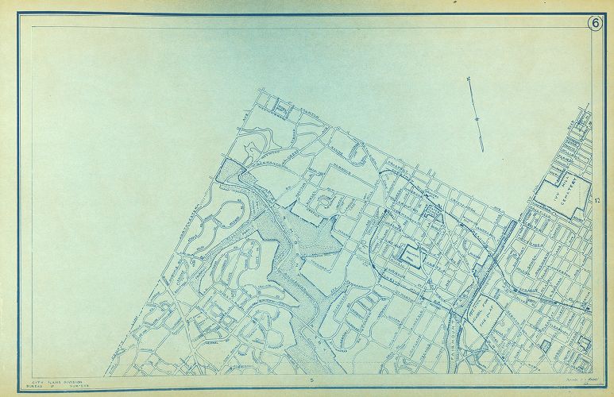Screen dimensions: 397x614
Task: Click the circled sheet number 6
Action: click(594, 23)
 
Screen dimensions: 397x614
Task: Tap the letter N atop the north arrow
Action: click(469, 79)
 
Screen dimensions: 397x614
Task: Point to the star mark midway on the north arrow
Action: click(477, 119)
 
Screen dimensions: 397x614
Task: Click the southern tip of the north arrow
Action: click(483, 148)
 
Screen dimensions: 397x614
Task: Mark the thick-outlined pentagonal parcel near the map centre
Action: click(411, 256)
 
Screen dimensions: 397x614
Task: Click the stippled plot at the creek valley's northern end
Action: click(230, 170)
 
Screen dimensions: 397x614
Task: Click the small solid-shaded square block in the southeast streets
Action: click(546, 343)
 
